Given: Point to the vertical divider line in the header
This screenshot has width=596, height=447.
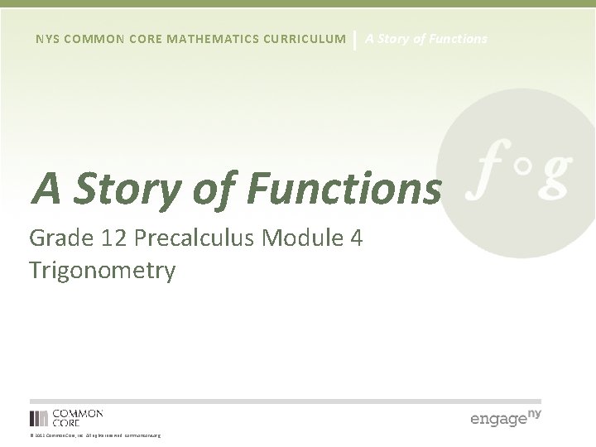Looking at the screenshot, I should [355, 39].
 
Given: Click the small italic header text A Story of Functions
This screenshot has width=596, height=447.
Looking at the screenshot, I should [426, 39].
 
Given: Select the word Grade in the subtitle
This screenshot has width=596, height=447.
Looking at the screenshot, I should [61, 239].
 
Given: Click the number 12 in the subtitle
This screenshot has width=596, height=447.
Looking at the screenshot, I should [113, 239].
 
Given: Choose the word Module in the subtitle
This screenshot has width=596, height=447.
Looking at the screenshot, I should [294, 239].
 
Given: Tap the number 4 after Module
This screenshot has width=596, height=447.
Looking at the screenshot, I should [355, 239].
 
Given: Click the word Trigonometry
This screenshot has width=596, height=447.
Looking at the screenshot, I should [102, 271].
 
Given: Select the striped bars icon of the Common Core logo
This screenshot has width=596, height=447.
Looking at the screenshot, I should [38, 418].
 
